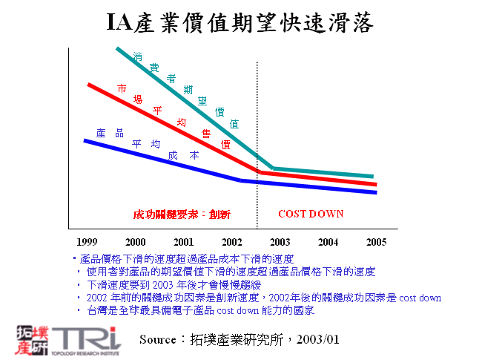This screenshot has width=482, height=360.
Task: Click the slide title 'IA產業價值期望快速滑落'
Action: pyautogui.click(x=240, y=22)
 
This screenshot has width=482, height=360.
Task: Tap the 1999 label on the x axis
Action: pyautogui.click(x=87, y=242)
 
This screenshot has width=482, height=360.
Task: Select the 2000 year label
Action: pyautogui.click(x=136, y=242)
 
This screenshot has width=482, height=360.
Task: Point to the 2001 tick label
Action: pyautogui.click(x=184, y=242)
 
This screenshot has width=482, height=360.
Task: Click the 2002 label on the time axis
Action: pyautogui.click(x=232, y=242)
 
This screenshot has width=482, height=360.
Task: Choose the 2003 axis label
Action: pyautogui.click(x=280, y=242)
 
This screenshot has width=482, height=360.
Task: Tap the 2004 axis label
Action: pyautogui.click(x=329, y=242)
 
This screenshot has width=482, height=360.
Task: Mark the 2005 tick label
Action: pyautogui.click(x=376, y=242)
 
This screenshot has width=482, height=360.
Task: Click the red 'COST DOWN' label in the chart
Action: pyautogui.click(x=311, y=214)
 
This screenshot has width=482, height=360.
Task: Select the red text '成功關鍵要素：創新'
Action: pyautogui.click(x=182, y=215)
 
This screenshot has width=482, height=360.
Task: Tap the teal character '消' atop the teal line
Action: pyautogui.click(x=138, y=56)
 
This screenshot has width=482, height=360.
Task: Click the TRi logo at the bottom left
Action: pyautogui.click(x=67, y=338)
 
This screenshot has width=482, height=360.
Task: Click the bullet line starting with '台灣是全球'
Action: pyautogui.click(x=200, y=310)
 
